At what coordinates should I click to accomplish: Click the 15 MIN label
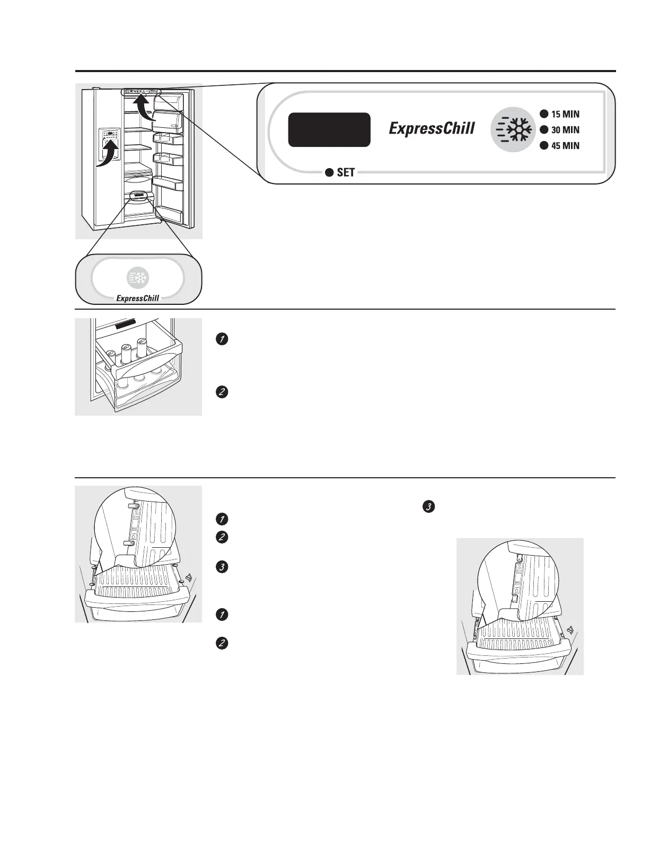click(565, 114)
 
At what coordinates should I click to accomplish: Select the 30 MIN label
click(565, 130)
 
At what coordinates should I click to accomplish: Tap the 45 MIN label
click(565, 146)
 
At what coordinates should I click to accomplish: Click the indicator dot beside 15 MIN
click(544, 114)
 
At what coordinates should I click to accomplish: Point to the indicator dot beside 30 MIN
click(544, 130)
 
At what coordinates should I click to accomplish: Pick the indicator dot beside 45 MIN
click(544, 145)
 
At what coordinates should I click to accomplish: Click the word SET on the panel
click(346, 172)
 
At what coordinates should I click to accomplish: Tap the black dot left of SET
click(329, 172)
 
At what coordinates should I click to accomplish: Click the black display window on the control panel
click(329, 130)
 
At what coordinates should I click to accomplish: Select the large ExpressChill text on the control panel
click(432, 128)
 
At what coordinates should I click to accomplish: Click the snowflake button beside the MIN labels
click(513, 130)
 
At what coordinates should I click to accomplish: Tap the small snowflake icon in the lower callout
click(137, 277)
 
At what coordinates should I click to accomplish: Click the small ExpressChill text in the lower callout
click(137, 298)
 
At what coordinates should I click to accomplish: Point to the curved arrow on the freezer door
click(108, 153)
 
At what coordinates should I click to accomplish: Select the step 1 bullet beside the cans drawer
click(222, 339)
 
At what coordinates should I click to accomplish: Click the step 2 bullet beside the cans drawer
click(222, 392)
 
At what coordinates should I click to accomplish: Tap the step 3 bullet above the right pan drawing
click(429, 507)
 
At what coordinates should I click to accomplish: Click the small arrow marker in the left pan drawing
click(189, 578)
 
